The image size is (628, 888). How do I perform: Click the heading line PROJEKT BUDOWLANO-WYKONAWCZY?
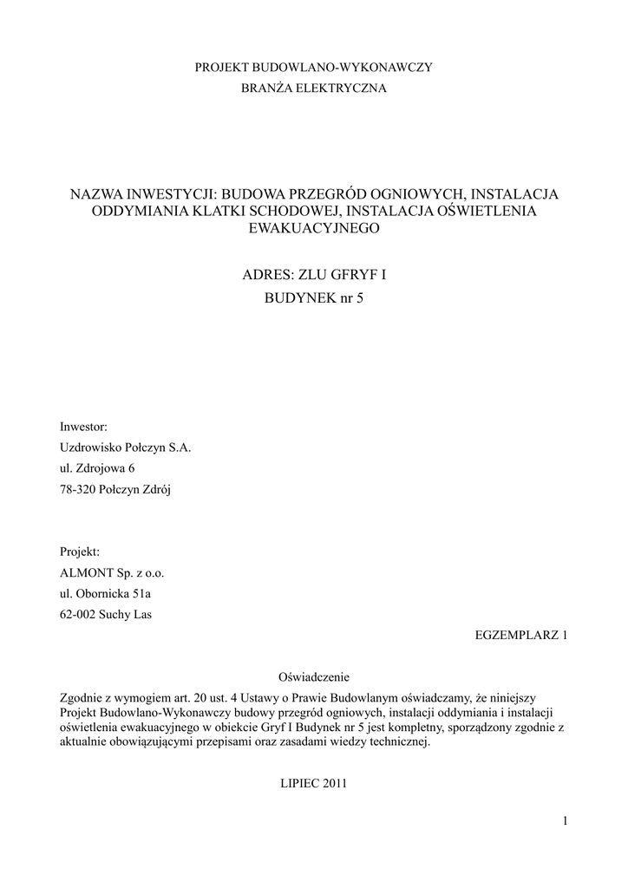(x=313, y=67)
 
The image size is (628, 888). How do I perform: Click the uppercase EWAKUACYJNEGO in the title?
(x=314, y=228)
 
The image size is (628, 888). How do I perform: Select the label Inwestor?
(x=83, y=427)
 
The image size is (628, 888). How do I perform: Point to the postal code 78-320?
(x=77, y=490)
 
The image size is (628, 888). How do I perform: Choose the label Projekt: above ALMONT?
(x=80, y=552)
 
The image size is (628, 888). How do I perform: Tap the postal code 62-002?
(x=77, y=615)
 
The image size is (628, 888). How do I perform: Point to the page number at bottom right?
(x=564, y=822)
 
